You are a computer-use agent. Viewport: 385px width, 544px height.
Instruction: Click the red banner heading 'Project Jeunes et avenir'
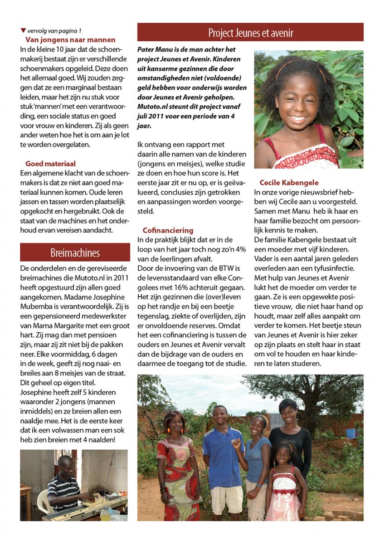(250, 33)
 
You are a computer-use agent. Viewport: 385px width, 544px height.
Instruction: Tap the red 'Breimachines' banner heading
(75, 252)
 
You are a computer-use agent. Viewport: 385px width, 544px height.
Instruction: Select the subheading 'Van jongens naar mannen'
(70, 40)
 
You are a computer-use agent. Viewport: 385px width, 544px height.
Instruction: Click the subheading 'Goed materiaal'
(50, 164)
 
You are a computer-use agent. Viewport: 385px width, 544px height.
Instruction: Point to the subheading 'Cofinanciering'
(168, 230)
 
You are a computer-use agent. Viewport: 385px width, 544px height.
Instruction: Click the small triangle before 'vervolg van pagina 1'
(23, 31)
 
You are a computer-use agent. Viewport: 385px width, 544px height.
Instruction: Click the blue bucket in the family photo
(350, 433)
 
